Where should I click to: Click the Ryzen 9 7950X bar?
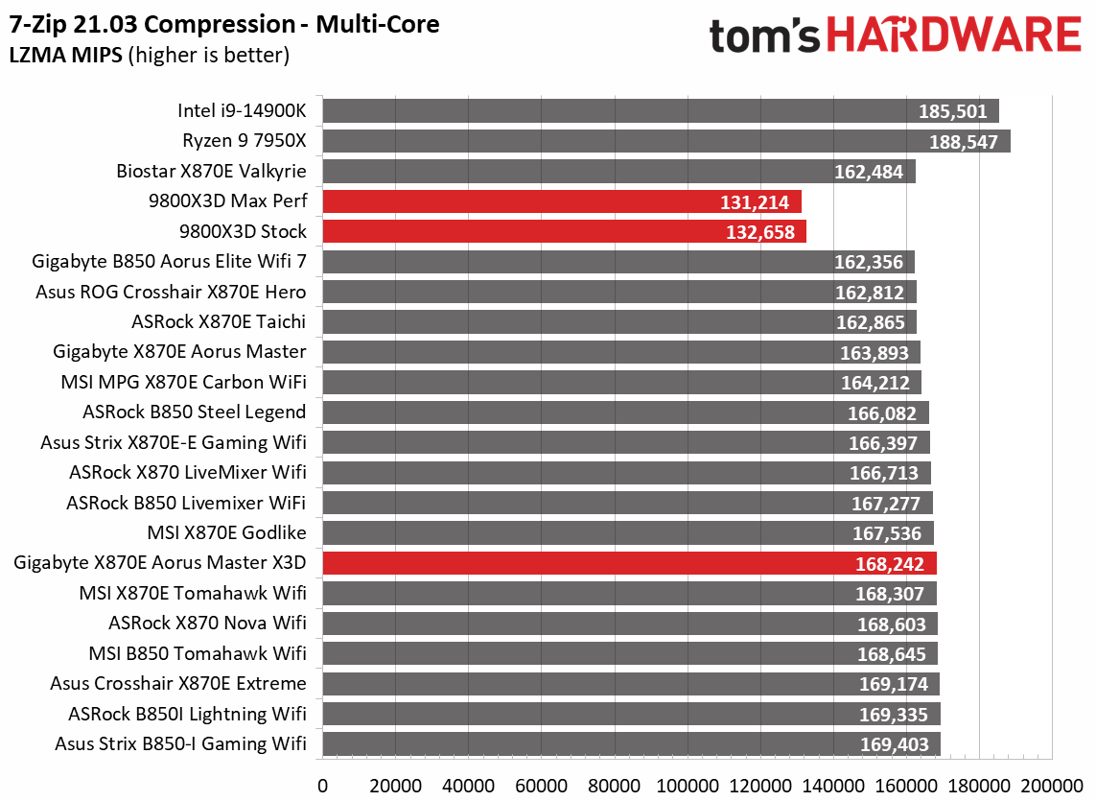(x=665, y=141)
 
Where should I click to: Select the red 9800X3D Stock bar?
(x=564, y=231)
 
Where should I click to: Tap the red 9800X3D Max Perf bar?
(x=561, y=201)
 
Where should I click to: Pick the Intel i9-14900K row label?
(x=242, y=111)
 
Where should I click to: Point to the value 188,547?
(x=965, y=142)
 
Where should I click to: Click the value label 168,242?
(x=891, y=564)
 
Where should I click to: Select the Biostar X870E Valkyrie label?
(x=211, y=172)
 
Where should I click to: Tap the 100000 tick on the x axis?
(x=688, y=784)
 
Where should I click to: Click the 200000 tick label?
(x=1052, y=784)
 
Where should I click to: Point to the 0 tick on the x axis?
(x=322, y=784)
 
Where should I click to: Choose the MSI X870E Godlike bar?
(x=627, y=533)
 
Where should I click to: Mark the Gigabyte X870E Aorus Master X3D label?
(x=160, y=563)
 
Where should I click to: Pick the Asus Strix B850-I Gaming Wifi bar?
(x=631, y=743)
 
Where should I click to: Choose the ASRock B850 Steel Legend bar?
(x=625, y=412)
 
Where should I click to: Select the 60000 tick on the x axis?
(x=541, y=784)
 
